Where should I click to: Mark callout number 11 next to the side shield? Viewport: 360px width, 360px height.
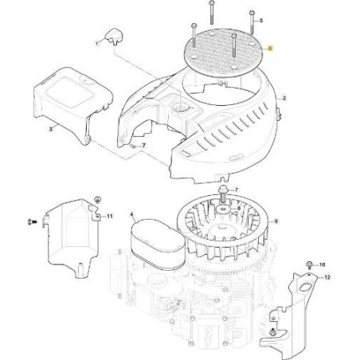[x=110, y=216]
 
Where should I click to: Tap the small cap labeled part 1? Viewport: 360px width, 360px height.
[x=112, y=33]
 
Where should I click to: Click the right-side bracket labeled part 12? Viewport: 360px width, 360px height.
[x=302, y=311]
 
